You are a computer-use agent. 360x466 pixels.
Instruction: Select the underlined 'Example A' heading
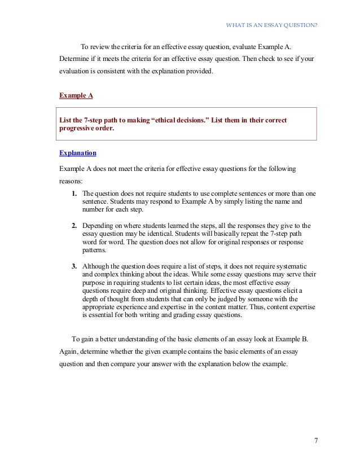[x=76, y=96]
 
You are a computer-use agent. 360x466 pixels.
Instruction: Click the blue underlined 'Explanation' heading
[x=78, y=153]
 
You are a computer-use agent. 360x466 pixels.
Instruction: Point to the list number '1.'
[x=74, y=193]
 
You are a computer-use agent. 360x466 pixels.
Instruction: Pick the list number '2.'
[x=74, y=226]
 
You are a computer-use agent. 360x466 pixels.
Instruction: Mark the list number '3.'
[x=74, y=266]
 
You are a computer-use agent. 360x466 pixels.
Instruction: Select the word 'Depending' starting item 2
[x=98, y=226]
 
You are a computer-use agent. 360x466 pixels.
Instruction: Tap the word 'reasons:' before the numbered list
[x=71, y=182]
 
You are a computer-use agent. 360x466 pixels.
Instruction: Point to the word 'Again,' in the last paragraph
[x=69, y=351]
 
